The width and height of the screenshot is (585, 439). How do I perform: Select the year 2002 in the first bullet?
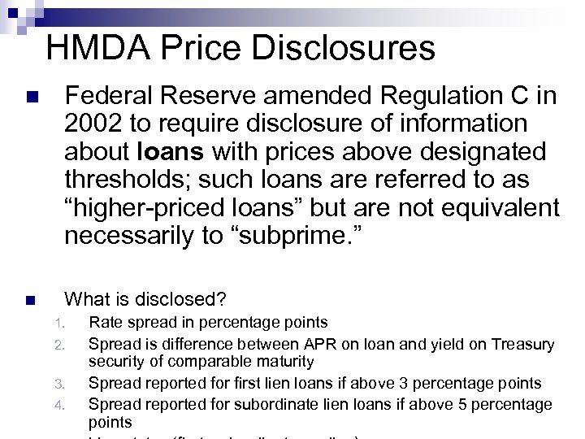93,124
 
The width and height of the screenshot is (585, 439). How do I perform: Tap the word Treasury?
521,345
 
